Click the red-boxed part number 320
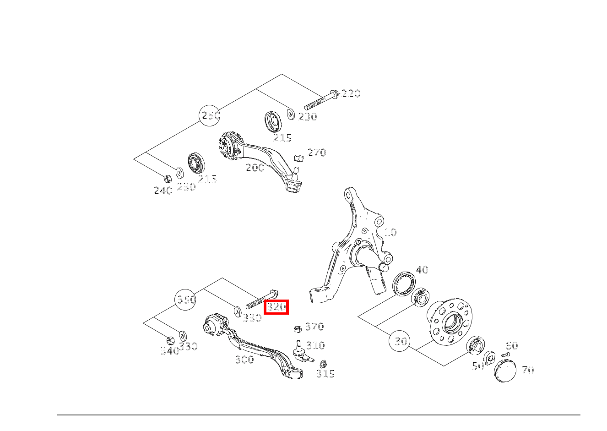(276, 307)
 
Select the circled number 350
(186, 300)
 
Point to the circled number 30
(401, 341)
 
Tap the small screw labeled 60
(505, 355)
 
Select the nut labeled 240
(168, 178)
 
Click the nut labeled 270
(298, 158)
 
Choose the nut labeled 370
(297, 328)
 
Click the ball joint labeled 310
(300, 351)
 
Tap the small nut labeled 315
(323, 364)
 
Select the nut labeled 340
(170, 340)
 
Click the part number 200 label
(255, 168)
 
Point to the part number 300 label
(244, 360)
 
